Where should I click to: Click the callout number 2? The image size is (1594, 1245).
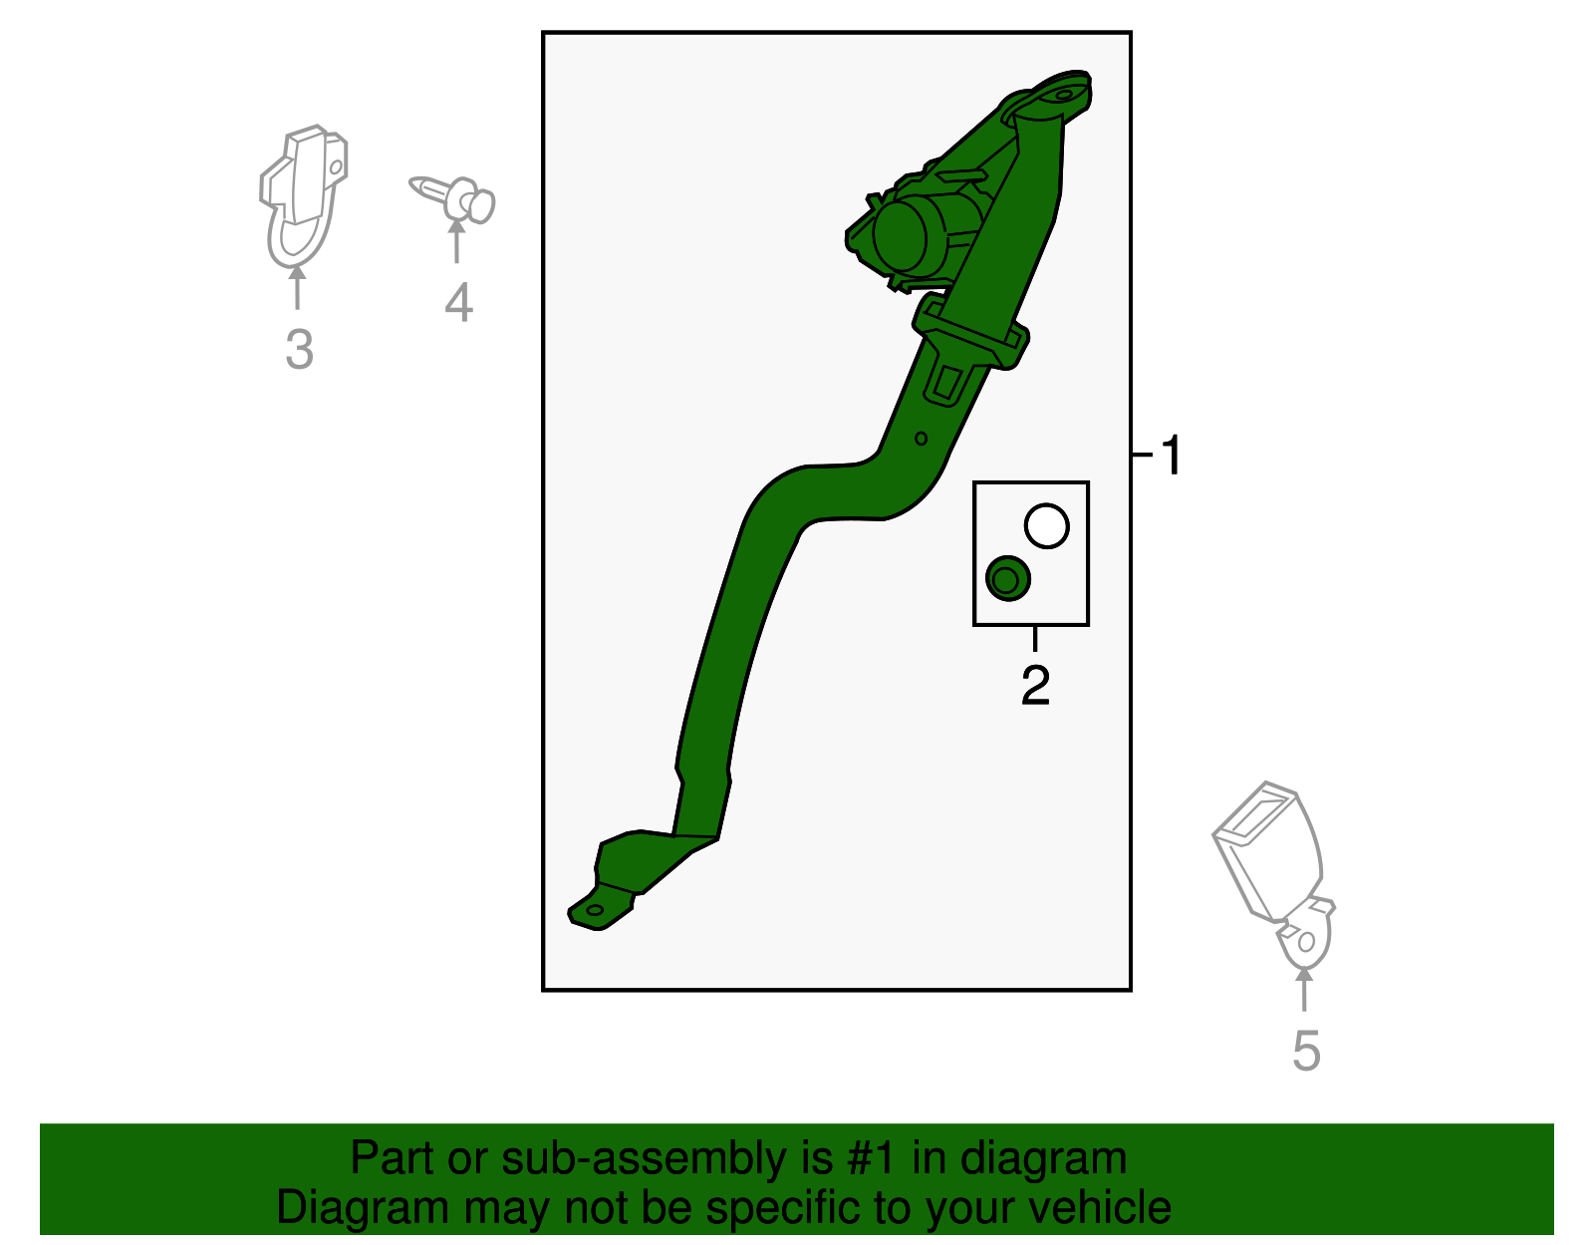pyautogui.click(x=1035, y=685)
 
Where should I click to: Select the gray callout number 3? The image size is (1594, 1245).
pyautogui.click(x=299, y=349)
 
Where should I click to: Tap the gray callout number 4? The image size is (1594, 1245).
pyautogui.click(x=458, y=302)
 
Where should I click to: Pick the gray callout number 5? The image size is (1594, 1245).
pyautogui.click(x=1306, y=1052)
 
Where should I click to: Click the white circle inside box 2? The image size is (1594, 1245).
pyautogui.click(x=1047, y=526)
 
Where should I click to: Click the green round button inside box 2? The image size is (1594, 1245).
pyautogui.click(x=1008, y=578)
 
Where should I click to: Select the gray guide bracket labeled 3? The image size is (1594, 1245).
pyautogui.click(x=302, y=195)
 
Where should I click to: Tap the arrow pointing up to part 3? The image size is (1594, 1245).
pyautogui.click(x=297, y=288)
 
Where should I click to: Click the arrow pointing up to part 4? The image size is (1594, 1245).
pyautogui.click(x=457, y=240)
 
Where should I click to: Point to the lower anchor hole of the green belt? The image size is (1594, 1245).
pyautogui.click(x=594, y=910)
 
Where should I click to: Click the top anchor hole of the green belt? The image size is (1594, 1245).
pyautogui.click(x=1063, y=95)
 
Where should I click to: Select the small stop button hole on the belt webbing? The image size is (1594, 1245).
pyautogui.click(x=922, y=439)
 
